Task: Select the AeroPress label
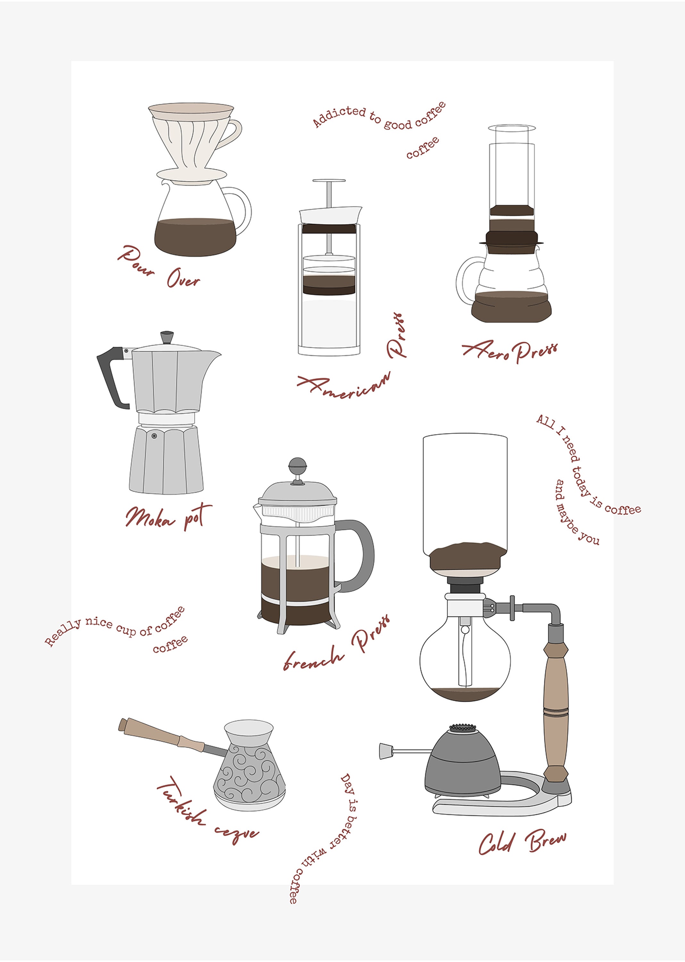coord(510,351)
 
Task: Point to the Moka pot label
coord(168,517)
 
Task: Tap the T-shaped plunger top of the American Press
coord(329,181)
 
